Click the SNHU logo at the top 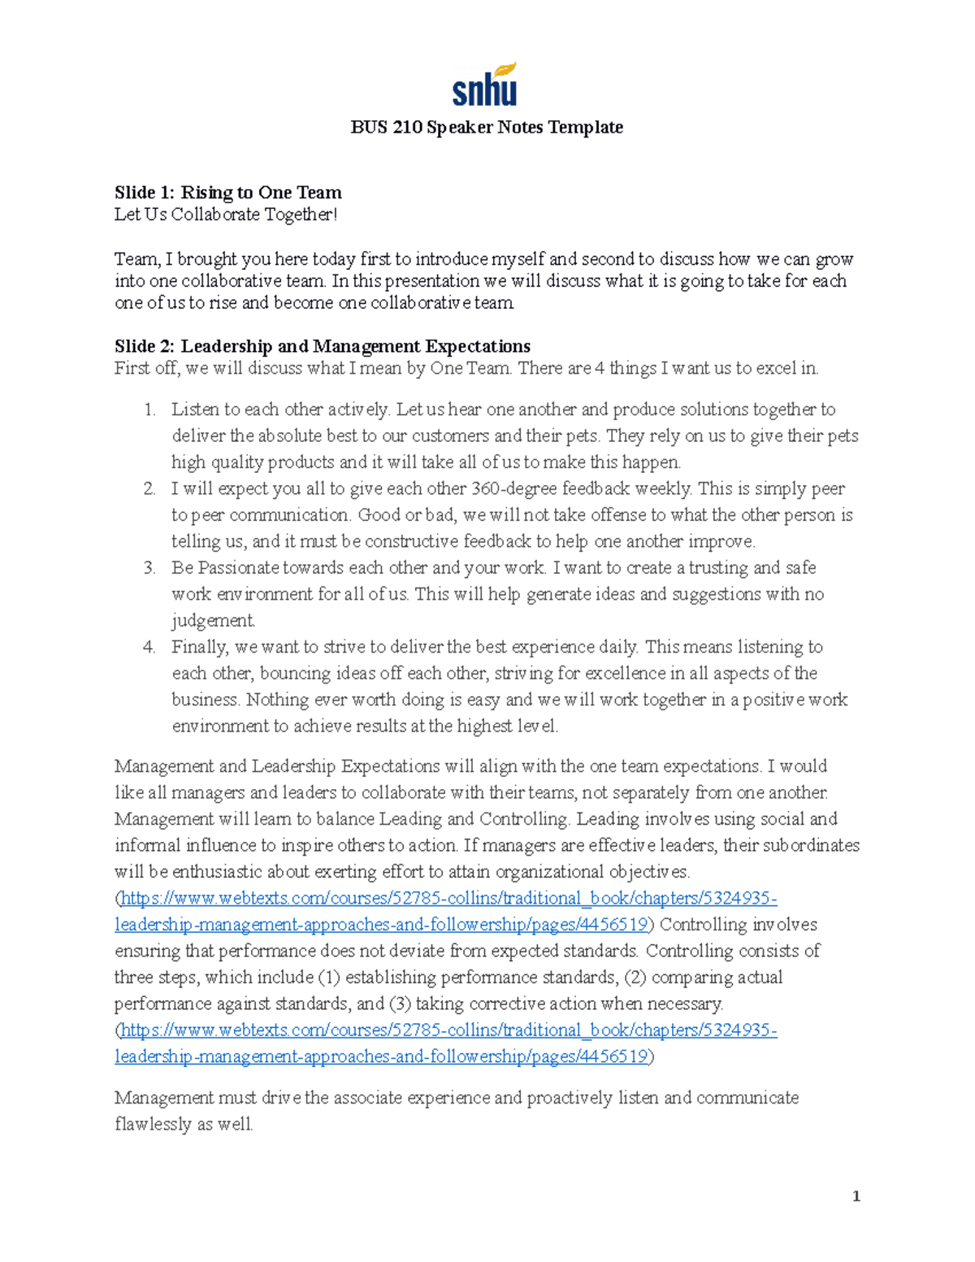tap(485, 85)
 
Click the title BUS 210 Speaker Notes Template tap(487, 128)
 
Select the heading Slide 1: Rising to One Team tap(227, 193)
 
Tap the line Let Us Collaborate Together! tap(225, 215)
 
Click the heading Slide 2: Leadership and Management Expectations tap(323, 346)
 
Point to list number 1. tap(149, 410)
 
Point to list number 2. tap(149, 489)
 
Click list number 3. tap(149, 568)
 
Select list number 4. tap(149, 648)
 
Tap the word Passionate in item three tap(240, 568)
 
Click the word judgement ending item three tap(212, 621)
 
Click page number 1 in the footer tap(856, 1196)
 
